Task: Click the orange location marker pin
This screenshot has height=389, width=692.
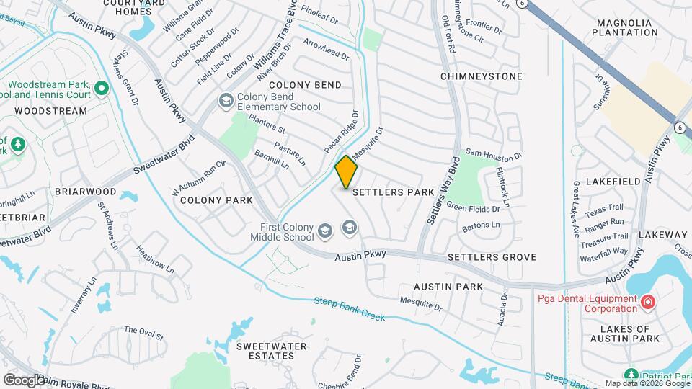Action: click(346, 172)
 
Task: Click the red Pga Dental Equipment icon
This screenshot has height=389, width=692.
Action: click(647, 301)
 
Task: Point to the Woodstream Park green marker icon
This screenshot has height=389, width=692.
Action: click(101, 89)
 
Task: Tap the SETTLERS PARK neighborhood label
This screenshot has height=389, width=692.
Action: click(393, 193)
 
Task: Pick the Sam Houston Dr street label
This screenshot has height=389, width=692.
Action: click(493, 153)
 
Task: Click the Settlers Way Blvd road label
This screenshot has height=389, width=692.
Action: click(443, 190)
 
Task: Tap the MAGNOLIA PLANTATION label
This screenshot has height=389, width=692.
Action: click(624, 27)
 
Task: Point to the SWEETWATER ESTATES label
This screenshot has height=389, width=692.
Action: click(272, 352)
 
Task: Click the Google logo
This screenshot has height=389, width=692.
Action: click(24, 380)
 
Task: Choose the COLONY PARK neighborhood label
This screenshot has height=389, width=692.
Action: click(216, 200)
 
